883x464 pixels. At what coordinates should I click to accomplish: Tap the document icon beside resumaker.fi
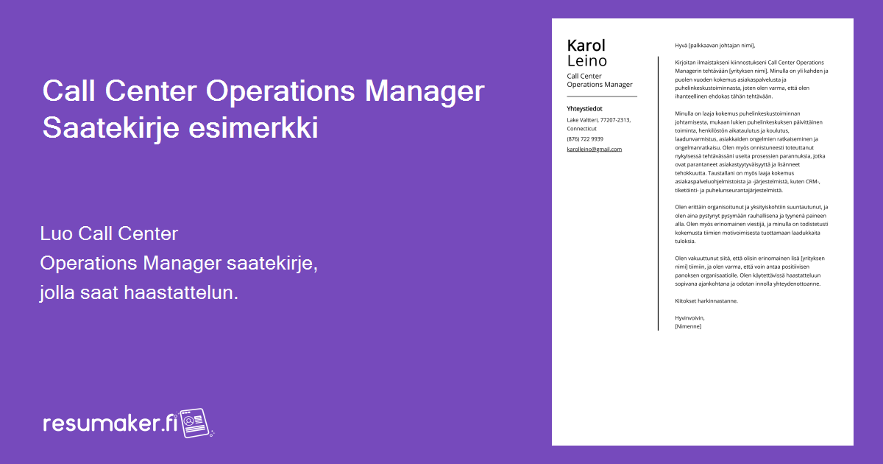196,422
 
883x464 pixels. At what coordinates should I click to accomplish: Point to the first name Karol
586,46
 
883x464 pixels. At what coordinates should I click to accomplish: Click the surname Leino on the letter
586,61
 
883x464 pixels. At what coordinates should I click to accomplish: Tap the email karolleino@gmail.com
594,149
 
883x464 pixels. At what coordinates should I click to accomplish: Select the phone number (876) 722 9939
585,138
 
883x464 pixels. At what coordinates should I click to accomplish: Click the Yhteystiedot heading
584,108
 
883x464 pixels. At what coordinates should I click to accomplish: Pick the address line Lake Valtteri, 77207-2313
598,119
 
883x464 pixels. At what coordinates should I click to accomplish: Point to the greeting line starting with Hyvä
715,45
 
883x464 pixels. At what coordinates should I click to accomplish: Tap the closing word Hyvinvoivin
689,317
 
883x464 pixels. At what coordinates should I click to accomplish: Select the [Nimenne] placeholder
688,326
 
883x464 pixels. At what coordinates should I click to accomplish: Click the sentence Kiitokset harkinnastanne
706,300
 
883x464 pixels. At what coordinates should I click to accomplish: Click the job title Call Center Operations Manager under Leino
599,80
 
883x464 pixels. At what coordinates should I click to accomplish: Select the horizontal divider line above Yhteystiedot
602,96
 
